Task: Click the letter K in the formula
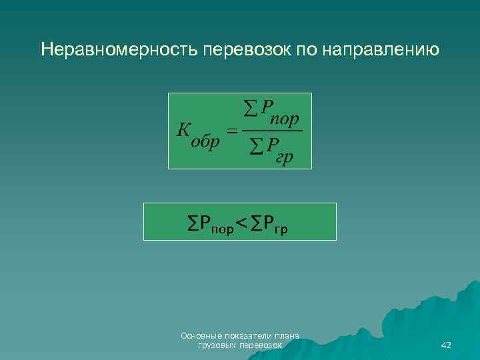[x=184, y=129]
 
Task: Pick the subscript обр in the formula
[x=205, y=144]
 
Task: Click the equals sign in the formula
[x=232, y=131]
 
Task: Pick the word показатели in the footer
[x=247, y=336]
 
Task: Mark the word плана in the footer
[x=287, y=336]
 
